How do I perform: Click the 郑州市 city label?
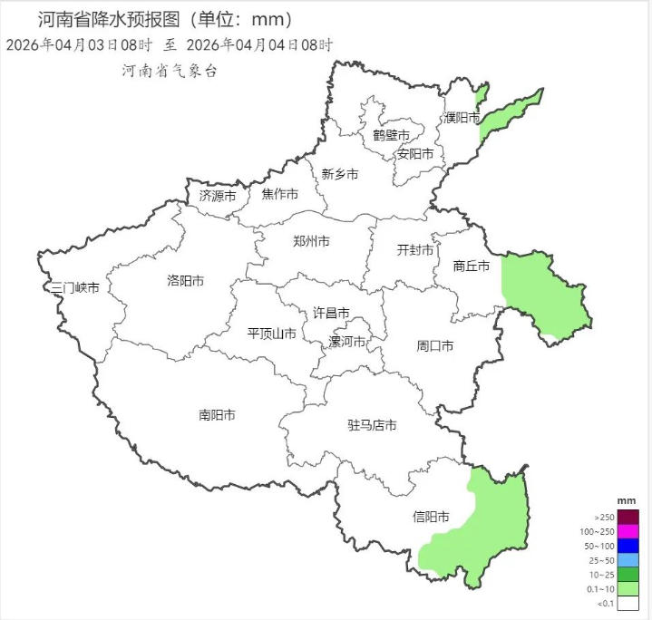311,242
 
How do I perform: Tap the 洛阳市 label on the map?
185,281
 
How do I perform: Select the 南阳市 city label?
217,415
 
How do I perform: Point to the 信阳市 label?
431,518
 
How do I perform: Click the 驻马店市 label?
372,425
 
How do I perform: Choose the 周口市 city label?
435,346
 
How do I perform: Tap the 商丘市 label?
472,266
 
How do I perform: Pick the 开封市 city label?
415,251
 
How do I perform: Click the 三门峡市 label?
75,288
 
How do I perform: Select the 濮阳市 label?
462,118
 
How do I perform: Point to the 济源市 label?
218,196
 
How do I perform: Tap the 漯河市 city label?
346,343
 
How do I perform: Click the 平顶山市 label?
272,334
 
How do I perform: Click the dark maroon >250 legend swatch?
628,517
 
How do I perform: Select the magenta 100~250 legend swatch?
628,531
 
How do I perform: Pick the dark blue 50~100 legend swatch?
628,546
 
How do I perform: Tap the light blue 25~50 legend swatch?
628,560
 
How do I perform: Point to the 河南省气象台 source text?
170,72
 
